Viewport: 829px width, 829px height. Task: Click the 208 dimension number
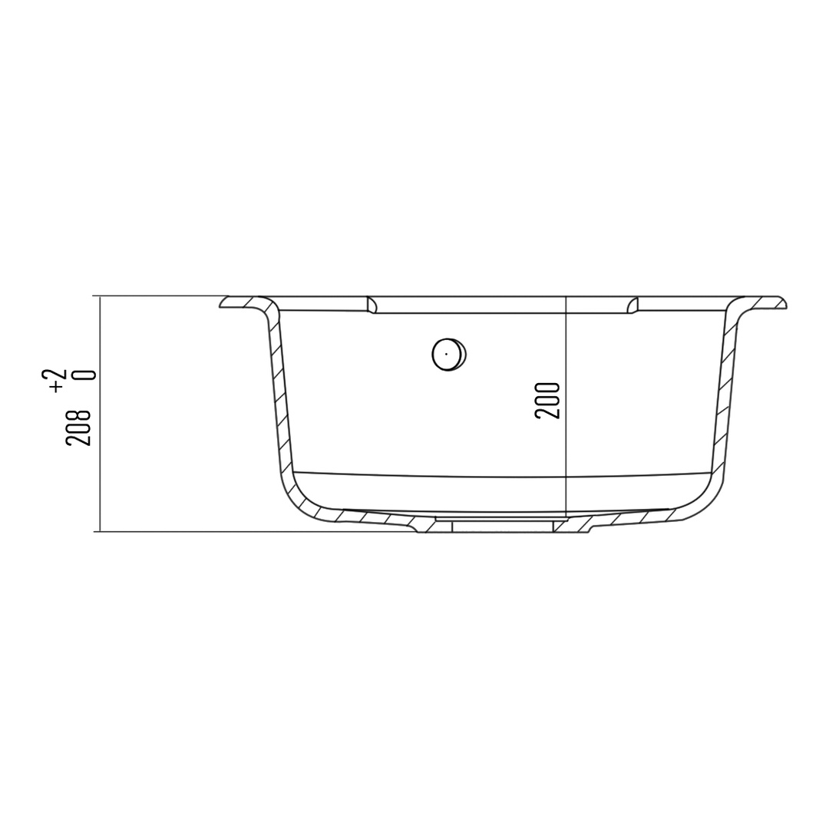click(79, 427)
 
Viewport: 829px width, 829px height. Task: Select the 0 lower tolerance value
click(86, 375)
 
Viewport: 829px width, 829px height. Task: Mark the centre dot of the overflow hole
click(447, 353)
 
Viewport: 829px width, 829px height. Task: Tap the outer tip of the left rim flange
click(220, 306)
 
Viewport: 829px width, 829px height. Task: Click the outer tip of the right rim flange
click(786, 305)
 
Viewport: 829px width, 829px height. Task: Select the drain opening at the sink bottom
click(501, 524)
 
